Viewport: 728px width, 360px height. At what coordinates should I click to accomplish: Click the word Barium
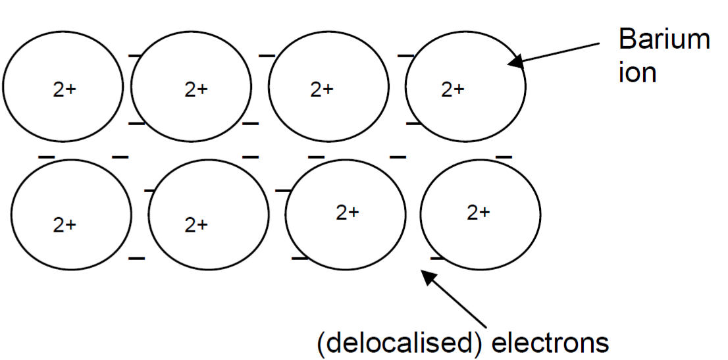coord(663,40)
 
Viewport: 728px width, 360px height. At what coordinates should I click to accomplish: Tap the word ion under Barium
coord(637,72)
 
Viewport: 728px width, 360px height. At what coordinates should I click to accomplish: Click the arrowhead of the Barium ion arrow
coord(513,62)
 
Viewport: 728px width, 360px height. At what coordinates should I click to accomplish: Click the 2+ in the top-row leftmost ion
coord(65,90)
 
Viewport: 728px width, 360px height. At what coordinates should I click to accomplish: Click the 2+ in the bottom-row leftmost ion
coord(65,226)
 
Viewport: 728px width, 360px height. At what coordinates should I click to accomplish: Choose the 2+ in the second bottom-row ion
coord(196,226)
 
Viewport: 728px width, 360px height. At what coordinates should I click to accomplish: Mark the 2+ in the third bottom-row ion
coord(348,213)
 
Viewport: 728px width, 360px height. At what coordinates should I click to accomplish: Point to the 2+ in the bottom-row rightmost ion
coord(479,213)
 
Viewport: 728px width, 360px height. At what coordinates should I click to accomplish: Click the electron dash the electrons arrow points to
coord(436,257)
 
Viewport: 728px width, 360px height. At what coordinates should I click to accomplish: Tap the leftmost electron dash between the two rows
coord(46,157)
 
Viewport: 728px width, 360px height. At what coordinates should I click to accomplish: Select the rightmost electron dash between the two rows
coord(504,157)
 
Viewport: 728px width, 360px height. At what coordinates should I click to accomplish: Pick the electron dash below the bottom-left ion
coord(136,258)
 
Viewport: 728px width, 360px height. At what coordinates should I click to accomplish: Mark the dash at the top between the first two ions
coord(136,57)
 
